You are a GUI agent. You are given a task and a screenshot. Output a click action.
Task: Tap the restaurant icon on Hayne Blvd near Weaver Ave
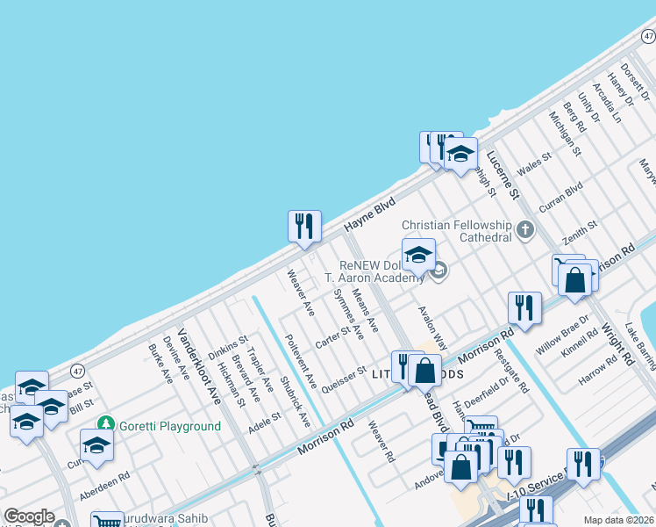click(x=303, y=227)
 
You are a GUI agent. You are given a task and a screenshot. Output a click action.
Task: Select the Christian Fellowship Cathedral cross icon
click(x=524, y=231)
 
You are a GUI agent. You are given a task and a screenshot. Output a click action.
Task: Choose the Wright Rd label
click(x=617, y=334)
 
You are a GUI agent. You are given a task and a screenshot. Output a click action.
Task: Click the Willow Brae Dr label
click(x=562, y=334)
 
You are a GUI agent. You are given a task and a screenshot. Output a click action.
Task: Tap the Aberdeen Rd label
click(x=104, y=484)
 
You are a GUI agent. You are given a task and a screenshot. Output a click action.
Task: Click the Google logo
click(x=29, y=516)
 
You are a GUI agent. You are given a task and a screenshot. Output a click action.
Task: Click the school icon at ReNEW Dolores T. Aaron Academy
click(x=419, y=256)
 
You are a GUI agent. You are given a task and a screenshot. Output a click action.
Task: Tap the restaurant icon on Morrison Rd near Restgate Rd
click(x=524, y=308)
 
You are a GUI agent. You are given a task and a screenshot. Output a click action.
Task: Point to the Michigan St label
click(x=565, y=133)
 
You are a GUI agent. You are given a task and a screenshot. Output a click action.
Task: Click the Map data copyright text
click(x=619, y=520)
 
